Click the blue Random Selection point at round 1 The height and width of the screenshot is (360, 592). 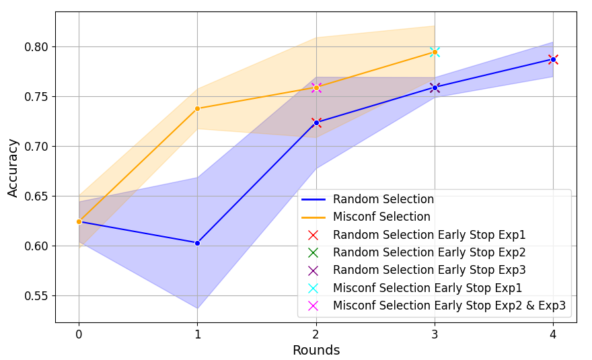(x=197, y=243)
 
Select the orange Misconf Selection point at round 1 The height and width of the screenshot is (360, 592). (x=197, y=108)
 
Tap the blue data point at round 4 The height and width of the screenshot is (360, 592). (x=553, y=59)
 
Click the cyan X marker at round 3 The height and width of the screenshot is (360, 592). (x=435, y=52)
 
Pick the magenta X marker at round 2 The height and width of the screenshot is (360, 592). (x=316, y=87)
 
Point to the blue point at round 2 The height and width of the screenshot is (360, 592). (x=316, y=122)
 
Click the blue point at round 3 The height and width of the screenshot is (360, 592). (x=435, y=87)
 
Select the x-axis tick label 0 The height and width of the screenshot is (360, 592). (x=79, y=334)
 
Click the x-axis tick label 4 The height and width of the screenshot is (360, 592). (x=553, y=334)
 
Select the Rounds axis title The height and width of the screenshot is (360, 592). (x=316, y=351)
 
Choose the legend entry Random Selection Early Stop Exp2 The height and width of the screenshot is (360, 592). (x=429, y=252)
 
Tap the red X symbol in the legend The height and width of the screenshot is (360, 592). (x=313, y=235)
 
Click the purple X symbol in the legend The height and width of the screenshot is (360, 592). (x=313, y=271)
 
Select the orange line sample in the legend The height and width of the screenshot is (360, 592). (x=313, y=217)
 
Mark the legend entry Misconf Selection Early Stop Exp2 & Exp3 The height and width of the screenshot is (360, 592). (x=449, y=305)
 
